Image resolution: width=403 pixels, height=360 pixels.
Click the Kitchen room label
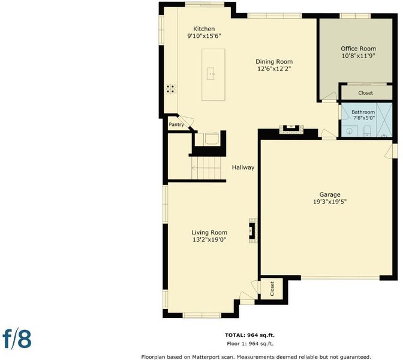coord(204,29)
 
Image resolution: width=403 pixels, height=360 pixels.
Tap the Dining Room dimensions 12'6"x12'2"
coord(274,68)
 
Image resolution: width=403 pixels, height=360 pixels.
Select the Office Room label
coord(358,49)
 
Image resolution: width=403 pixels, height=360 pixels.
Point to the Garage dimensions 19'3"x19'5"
coord(330,202)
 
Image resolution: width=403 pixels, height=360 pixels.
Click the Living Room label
coord(209,232)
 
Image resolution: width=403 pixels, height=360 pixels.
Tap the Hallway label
coord(243,167)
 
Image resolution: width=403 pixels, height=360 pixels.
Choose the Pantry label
coord(176,124)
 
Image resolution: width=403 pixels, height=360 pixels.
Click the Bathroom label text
coord(363,112)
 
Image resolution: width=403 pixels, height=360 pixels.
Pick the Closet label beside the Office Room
coord(365,93)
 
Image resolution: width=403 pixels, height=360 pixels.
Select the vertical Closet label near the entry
coord(272,289)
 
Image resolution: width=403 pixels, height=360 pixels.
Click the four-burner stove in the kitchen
coord(171,89)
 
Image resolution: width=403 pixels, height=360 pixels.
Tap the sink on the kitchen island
coord(210,74)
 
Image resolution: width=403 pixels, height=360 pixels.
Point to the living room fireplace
coord(253,231)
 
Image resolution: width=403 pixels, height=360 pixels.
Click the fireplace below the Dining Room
coord(291,129)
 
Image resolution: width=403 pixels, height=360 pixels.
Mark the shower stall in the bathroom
coord(384,120)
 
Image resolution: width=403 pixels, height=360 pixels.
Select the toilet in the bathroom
coord(368,131)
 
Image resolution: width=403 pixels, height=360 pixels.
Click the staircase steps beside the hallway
coord(206,168)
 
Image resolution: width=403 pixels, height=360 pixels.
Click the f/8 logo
coord(17,339)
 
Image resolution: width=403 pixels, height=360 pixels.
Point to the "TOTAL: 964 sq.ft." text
coord(249,335)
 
